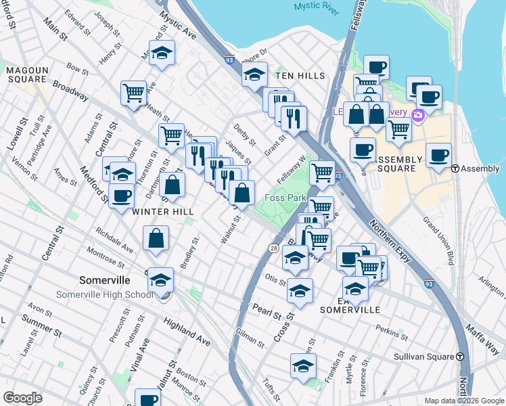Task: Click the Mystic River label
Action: [315, 7]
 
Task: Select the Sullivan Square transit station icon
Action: [460, 356]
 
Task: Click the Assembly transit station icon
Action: [455, 168]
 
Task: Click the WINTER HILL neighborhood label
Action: [162, 212]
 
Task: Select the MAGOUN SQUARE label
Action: [27, 74]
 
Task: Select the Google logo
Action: [23, 398]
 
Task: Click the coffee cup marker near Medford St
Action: [121, 196]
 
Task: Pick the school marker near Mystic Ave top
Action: [162, 53]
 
